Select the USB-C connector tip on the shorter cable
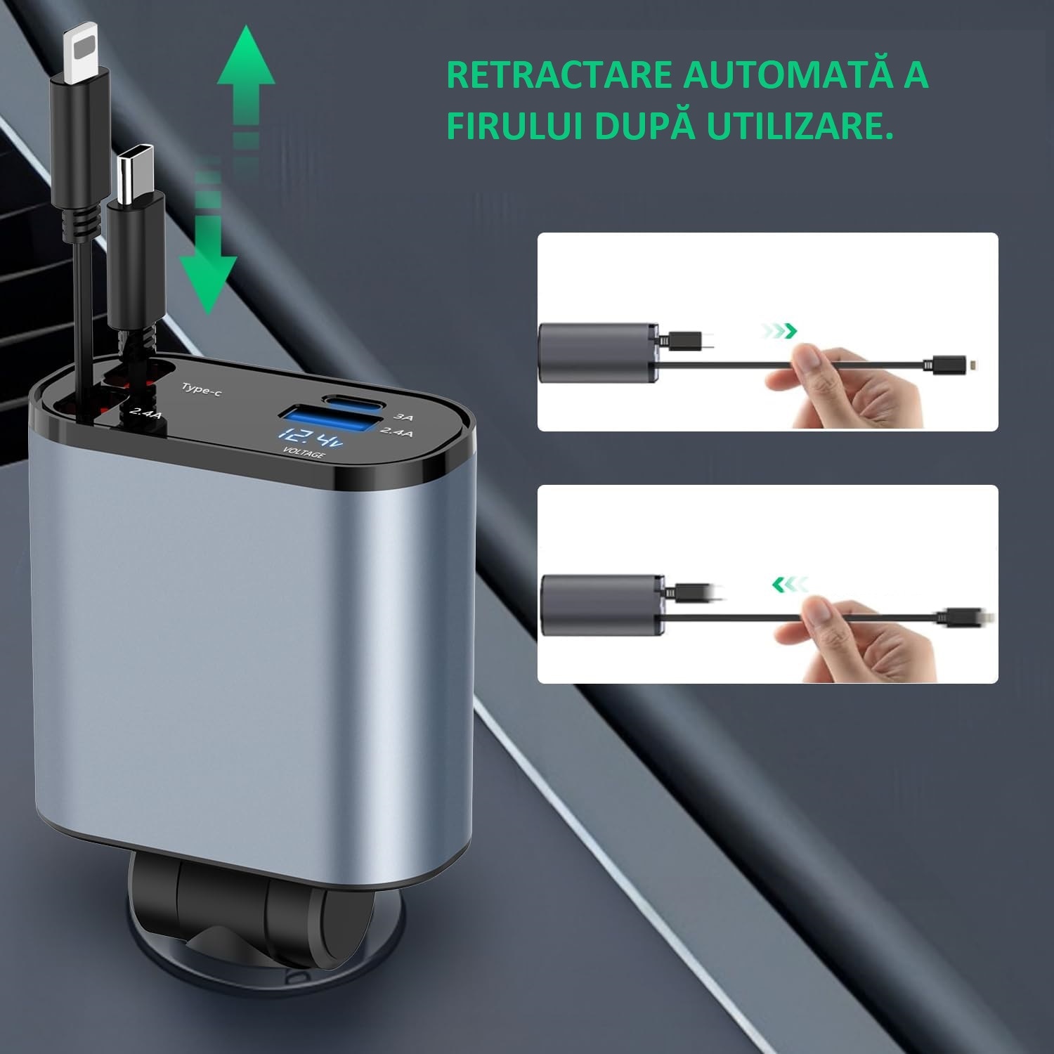[135, 176]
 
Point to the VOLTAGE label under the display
[304, 455]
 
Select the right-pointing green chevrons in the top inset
[780, 330]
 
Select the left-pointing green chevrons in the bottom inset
[789, 583]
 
